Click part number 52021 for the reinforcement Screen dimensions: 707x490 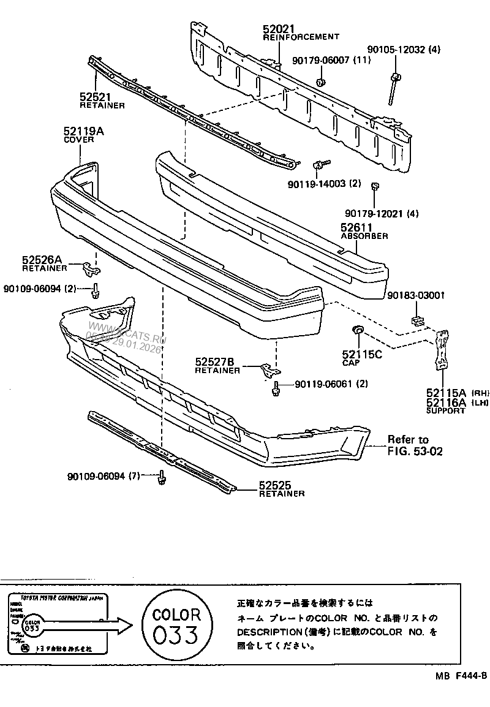[279, 29]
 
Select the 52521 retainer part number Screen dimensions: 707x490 [95, 97]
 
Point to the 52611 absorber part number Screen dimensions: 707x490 [356, 227]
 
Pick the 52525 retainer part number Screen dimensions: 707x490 [274, 486]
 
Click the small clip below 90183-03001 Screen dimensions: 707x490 [417, 320]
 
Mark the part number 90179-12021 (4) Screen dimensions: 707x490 [382, 213]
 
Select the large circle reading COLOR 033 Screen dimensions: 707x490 [176, 625]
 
